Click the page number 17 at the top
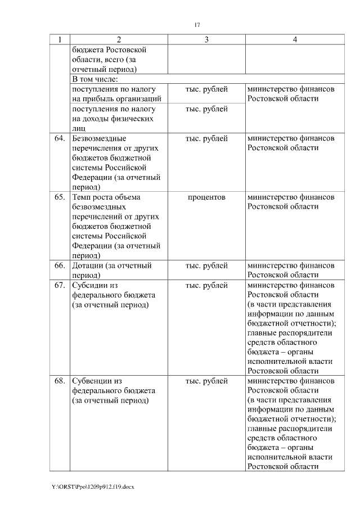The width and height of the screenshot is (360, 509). click(197, 25)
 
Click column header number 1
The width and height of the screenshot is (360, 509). click(59, 39)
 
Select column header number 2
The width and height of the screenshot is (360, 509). click(119, 39)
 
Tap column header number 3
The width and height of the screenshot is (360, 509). click(206, 39)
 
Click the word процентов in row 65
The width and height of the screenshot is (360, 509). click(206, 197)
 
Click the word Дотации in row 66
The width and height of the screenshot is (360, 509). click(87, 265)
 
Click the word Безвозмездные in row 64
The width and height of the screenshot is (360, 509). click(99, 138)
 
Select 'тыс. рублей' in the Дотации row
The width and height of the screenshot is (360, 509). click(206, 265)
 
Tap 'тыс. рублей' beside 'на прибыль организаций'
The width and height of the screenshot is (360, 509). click(206, 89)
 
